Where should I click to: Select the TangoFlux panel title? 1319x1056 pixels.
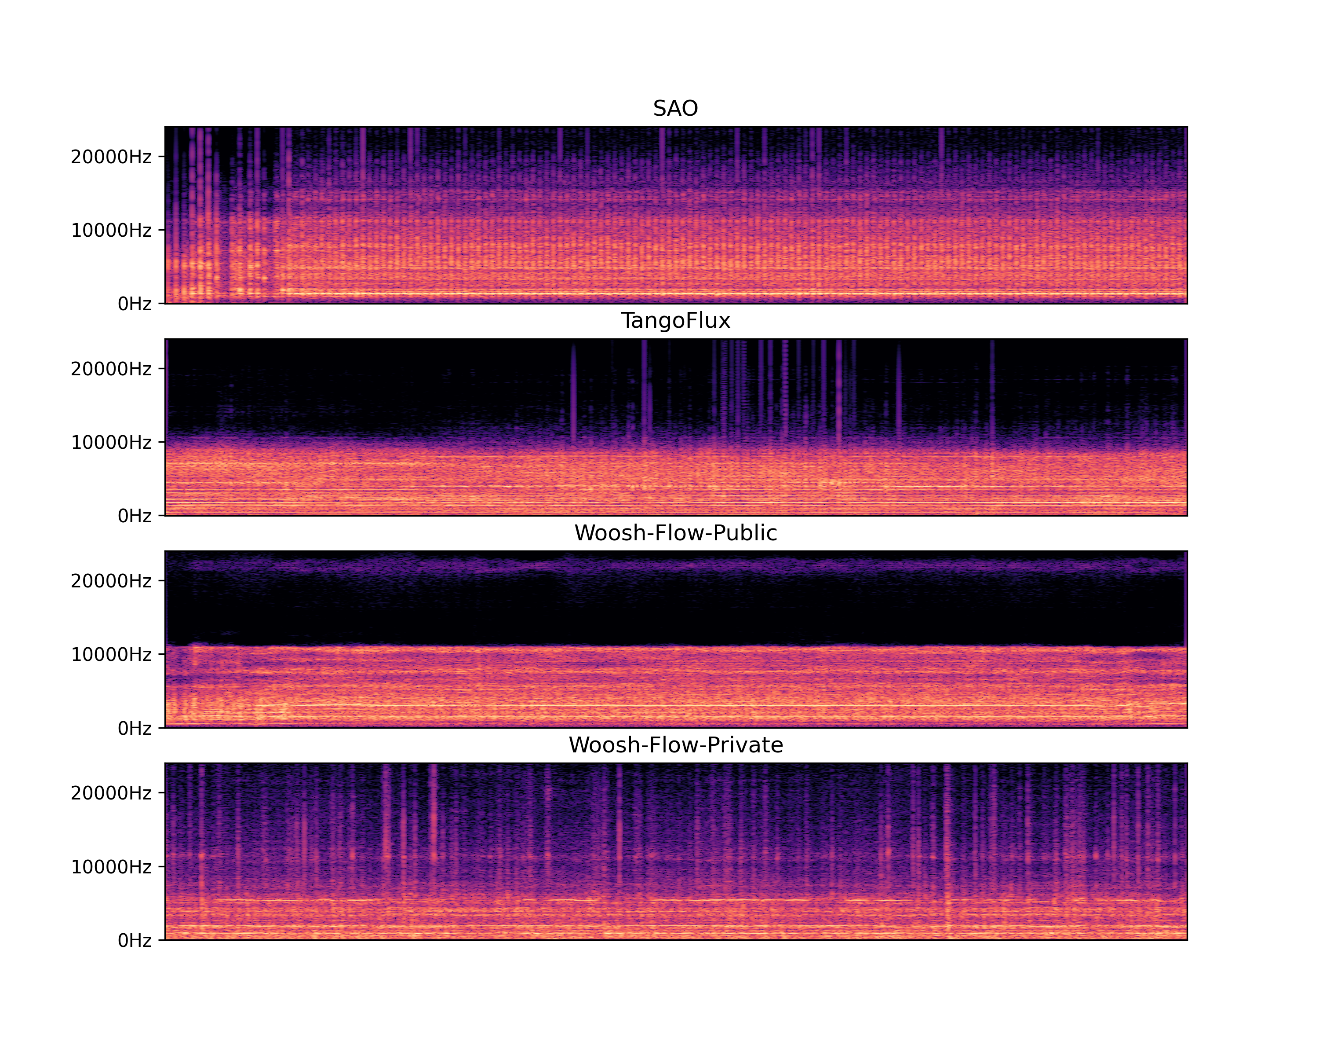675,321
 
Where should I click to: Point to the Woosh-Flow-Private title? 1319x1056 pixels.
675,745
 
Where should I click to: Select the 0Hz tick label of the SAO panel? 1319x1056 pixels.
135,304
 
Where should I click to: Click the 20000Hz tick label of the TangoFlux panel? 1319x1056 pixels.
111,369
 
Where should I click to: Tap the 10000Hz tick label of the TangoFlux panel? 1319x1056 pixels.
111,443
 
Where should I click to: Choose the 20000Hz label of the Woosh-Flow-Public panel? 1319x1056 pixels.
111,581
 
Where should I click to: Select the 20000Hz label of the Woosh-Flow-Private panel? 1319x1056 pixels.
111,793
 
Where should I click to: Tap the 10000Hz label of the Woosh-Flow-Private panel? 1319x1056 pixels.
111,867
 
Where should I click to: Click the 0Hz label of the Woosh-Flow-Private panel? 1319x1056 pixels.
135,940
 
